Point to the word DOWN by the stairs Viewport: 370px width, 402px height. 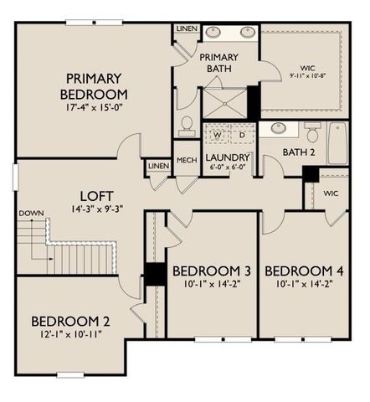coord(30,213)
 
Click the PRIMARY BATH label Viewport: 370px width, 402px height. coord(218,63)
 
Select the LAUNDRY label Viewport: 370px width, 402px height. coord(228,157)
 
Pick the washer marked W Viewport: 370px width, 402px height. coord(217,135)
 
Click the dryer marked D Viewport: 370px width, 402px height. coord(242,135)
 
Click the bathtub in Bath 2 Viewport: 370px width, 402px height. coord(337,143)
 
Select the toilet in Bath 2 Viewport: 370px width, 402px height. coord(311,131)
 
